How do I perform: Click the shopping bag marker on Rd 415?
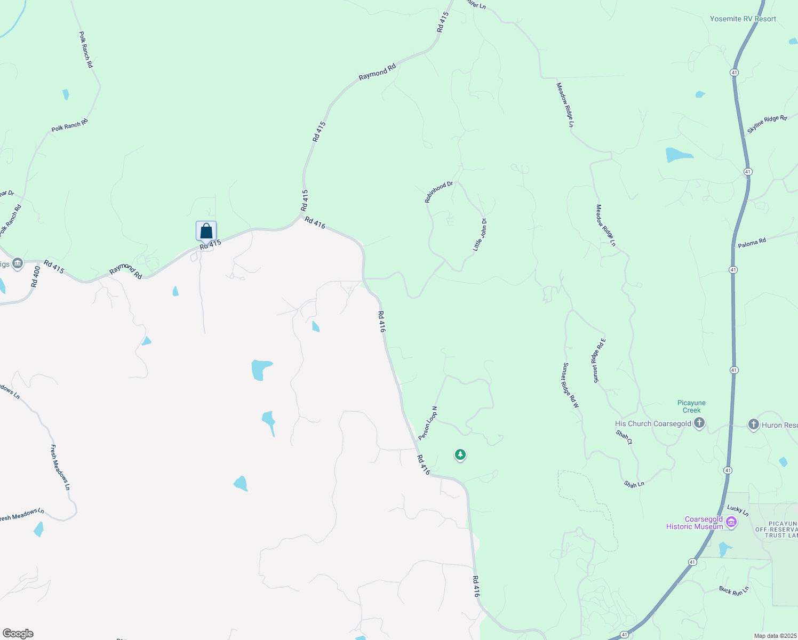click(206, 231)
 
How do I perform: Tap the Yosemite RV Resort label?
click(743, 19)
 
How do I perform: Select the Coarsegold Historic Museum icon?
click(732, 523)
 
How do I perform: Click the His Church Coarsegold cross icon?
click(699, 423)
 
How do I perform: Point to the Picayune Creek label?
click(691, 406)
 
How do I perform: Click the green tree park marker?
click(460, 455)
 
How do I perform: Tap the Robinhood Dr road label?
click(438, 192)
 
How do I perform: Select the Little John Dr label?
click(480, 235)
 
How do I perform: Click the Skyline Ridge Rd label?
click(767, 124)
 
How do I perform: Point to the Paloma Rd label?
click(752, 243)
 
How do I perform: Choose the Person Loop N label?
click(428, 423)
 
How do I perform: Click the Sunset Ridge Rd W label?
click(570, 385)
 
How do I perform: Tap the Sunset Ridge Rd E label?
click(599, 360)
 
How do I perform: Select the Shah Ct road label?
click(624, 437)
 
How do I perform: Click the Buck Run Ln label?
click(733, 590)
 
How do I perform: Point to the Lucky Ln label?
click(738, 510)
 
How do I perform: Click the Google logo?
click(18, 633)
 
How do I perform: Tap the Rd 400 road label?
click(36, 277)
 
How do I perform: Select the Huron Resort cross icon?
click(753, 425)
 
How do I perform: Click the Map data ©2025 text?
click(774, 636)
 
